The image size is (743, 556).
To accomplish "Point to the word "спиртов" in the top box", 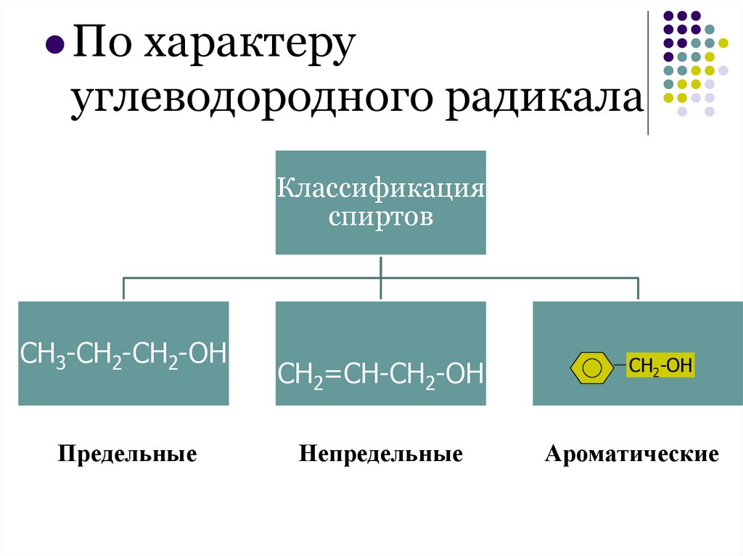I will pyautogui.click(x=380, y=216).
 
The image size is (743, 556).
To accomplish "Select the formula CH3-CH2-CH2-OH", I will pyautogui.click(x=123, y=354).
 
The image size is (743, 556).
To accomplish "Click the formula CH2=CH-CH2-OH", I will pyautogui.click(x=381, y=375).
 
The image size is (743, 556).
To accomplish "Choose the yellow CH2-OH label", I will pyautogui.click(x=660, y=366).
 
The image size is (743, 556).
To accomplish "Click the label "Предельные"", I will pyautogui.click(x=128, y=455).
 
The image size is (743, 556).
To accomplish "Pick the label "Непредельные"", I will pyautogui.click(x=381, y=455).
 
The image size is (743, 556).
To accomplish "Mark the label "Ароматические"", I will pyautogui.click(x=632, y=455).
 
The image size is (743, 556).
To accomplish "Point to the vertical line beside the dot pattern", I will pyautogui.click(x=648, y=72).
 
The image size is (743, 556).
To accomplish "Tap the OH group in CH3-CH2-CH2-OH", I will pyautogui.click(x=210, y=354).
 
